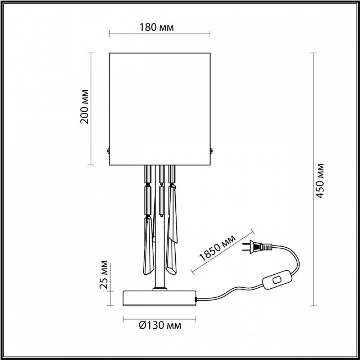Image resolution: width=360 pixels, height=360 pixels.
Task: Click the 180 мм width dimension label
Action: pos(159,28)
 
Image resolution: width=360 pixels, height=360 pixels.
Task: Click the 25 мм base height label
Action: pos(104,277)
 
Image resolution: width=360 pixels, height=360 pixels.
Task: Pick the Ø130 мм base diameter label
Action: pos(159,326)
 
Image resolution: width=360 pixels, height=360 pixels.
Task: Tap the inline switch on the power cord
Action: pos(277,280)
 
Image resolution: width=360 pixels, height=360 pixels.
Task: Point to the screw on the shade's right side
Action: pos(211,151)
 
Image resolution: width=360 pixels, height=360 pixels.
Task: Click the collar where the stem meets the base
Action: pos(159,289)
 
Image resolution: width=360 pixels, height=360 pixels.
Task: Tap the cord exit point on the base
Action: pos(196,299)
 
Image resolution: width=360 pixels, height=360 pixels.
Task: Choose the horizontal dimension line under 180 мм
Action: pos(159,35)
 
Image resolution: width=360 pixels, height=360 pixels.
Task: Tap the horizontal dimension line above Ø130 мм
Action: pos(159,319)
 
